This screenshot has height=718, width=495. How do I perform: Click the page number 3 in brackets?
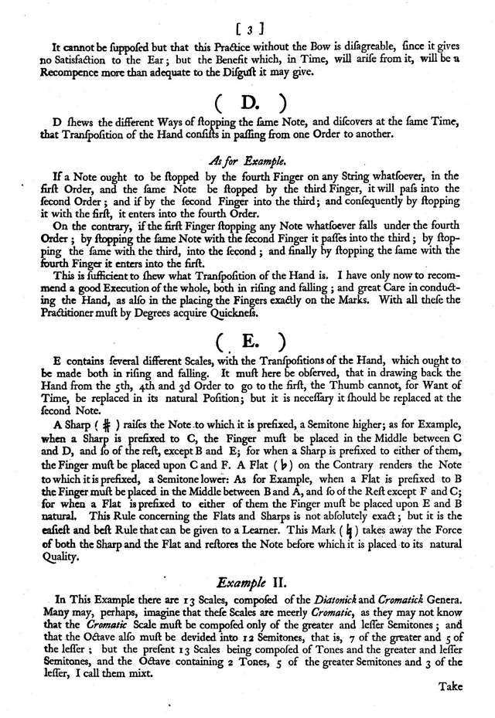tap(249, 30)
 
